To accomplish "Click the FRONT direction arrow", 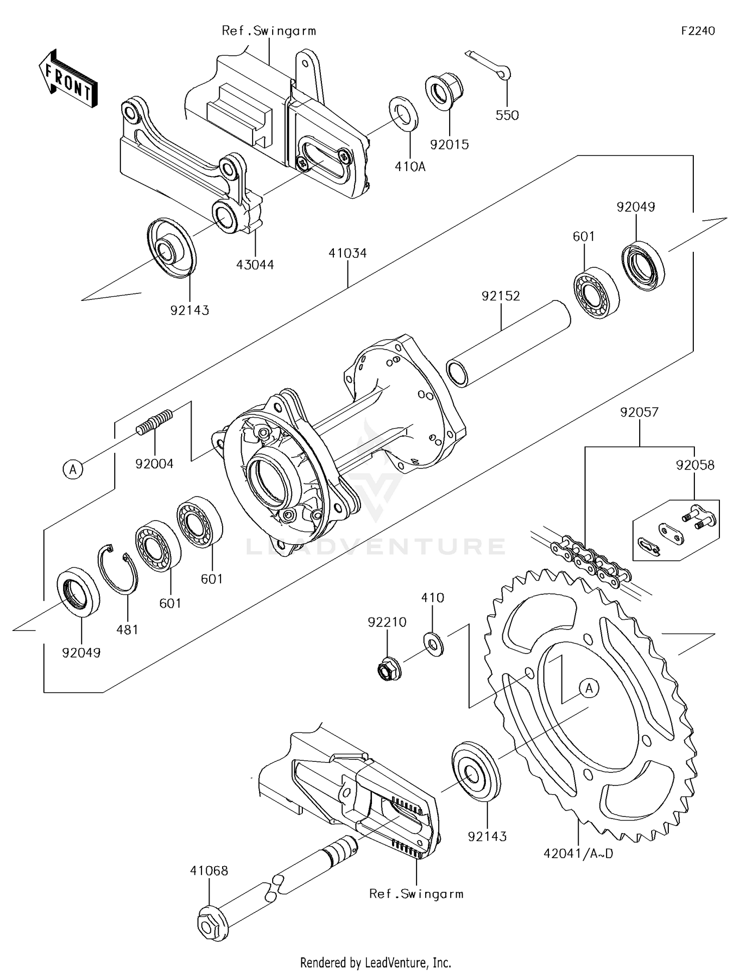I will [x=68, y=79].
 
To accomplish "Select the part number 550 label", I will [x=507, y=115].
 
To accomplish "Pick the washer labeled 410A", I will [x=404, y=113].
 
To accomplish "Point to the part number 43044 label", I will [x=255, y=265].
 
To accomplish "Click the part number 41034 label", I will [x=347, y=253].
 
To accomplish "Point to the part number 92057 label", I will [x=639, y=412].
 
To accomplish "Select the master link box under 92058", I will [x=676, y=530].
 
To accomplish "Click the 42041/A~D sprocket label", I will [x=578, y=853].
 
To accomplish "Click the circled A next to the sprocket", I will [x=589, y=688].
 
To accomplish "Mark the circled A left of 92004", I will [x=73, y=469].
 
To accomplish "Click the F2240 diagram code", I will [x=698, y=31].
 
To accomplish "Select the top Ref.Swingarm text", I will [x=269, y=31].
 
